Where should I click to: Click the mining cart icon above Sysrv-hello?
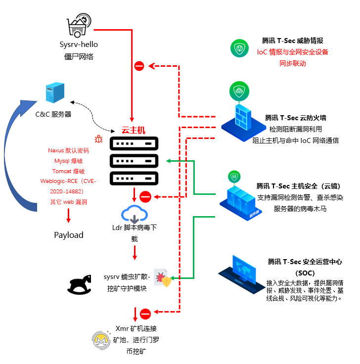pos(79,25)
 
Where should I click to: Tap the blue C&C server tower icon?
pos(55,92)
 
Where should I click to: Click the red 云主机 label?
pos(134,130)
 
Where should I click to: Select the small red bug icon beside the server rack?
pos(98,139)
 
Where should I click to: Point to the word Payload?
pos(69,235)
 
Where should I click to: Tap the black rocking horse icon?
pos(80,284)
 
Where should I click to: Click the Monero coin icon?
pos(101,340)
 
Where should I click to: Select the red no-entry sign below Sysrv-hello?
pos(139,66)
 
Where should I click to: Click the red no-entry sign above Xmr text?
pos(145,314)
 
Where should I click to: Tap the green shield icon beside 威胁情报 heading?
pos(239,48)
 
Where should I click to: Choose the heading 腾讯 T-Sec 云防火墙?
pos(296,118)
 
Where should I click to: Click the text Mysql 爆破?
pos(68,161)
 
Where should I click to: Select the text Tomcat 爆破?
pos(68,171)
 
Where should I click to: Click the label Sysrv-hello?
pos(79,45)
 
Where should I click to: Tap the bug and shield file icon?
pos(163,278)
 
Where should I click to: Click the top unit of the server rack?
pos(134,143)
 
